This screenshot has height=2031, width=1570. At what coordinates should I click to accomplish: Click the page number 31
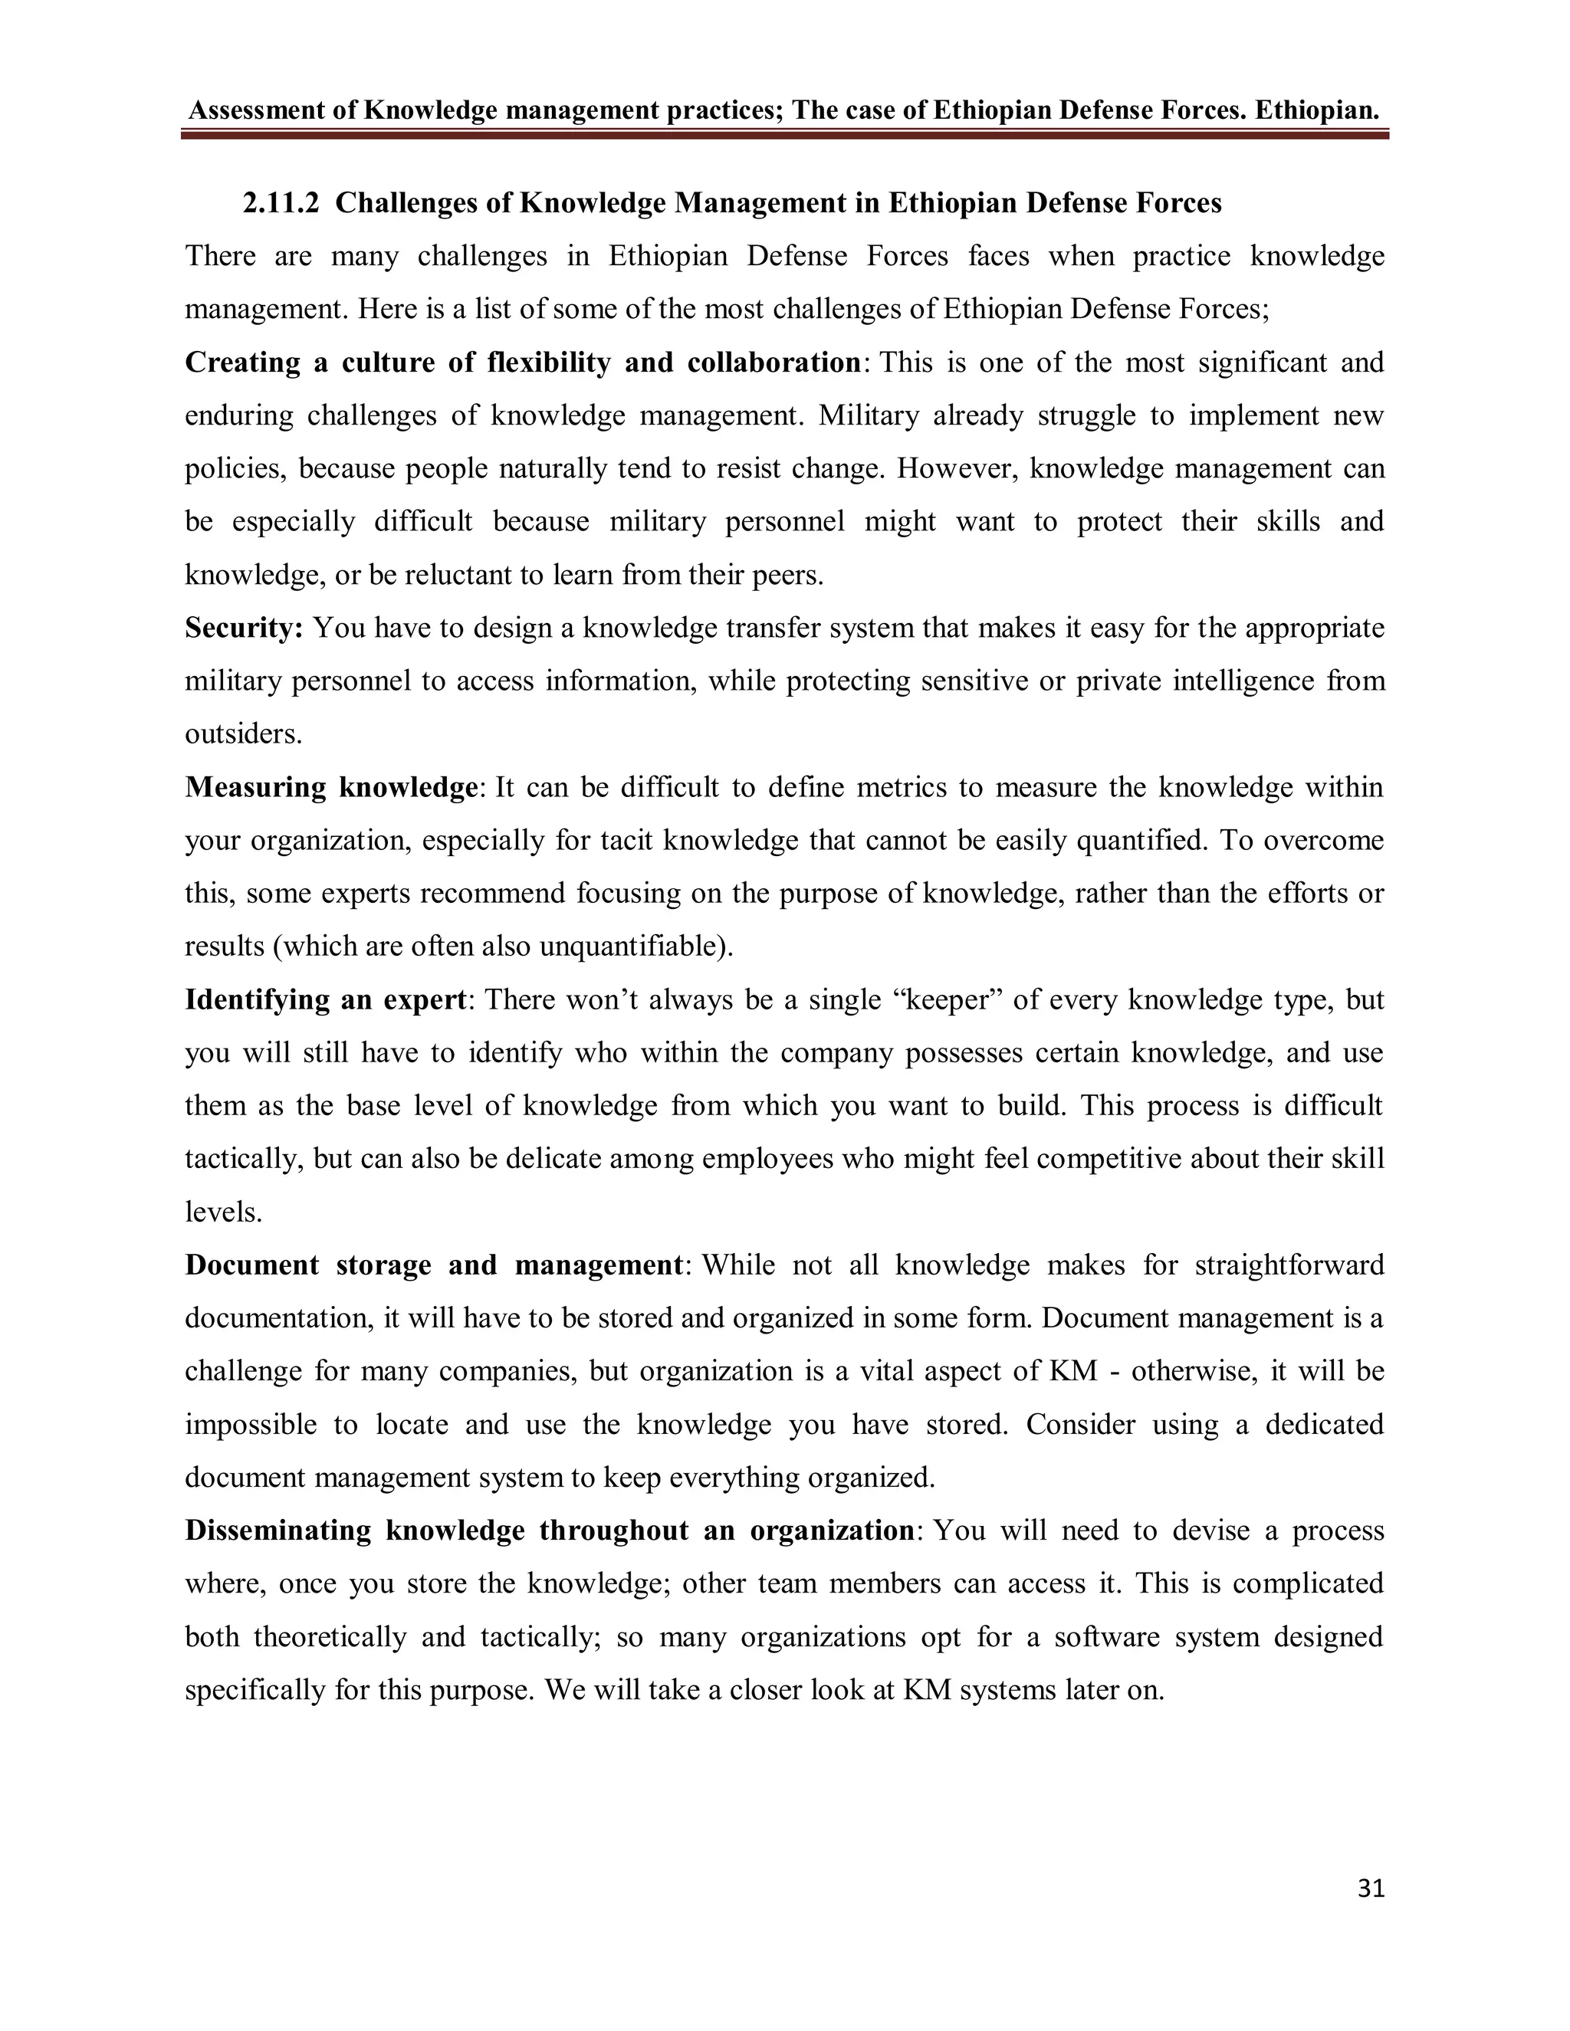(1371, 1888)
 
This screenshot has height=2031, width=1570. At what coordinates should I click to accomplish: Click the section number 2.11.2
(281, 203)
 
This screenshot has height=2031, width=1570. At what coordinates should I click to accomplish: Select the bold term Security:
(245, 628)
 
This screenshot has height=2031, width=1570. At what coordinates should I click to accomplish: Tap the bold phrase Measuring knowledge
(331, 788)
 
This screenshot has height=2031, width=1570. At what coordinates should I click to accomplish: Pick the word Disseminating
(278, 1531)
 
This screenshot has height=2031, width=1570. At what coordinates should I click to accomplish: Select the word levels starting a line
(223, 1212)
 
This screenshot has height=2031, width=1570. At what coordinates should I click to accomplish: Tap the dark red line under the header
(784, 136)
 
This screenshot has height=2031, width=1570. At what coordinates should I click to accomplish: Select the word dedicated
(1325, 1426)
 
